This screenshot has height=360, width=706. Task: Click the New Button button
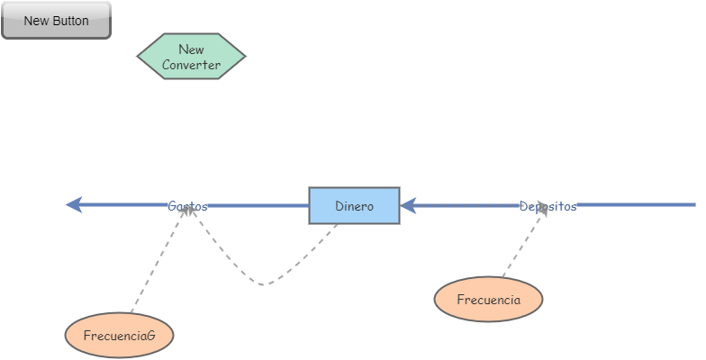(56, 21)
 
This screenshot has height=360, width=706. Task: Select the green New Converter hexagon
(191, 57)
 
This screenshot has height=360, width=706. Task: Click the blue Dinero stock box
(354, 206)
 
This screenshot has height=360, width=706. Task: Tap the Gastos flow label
(187, 206)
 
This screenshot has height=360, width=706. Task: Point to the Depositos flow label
(548, 206)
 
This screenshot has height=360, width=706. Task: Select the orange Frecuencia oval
(488, 300)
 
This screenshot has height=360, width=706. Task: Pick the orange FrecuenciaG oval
(119, 336)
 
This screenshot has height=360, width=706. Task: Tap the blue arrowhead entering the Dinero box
(408, 206)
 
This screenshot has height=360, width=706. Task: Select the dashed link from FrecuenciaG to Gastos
(158, 261)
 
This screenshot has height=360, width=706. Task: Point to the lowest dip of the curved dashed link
(263, 285)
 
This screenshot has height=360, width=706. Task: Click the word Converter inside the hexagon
(191, 65)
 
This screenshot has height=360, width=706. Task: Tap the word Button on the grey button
(70, 21)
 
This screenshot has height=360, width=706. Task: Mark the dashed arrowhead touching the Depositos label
(542, 212)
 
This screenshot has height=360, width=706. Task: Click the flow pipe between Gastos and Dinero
(257, 206)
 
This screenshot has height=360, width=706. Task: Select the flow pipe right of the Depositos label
(635, 206)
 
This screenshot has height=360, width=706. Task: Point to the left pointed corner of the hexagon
(139, 57)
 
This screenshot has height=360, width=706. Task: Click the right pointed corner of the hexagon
(244, 57)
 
